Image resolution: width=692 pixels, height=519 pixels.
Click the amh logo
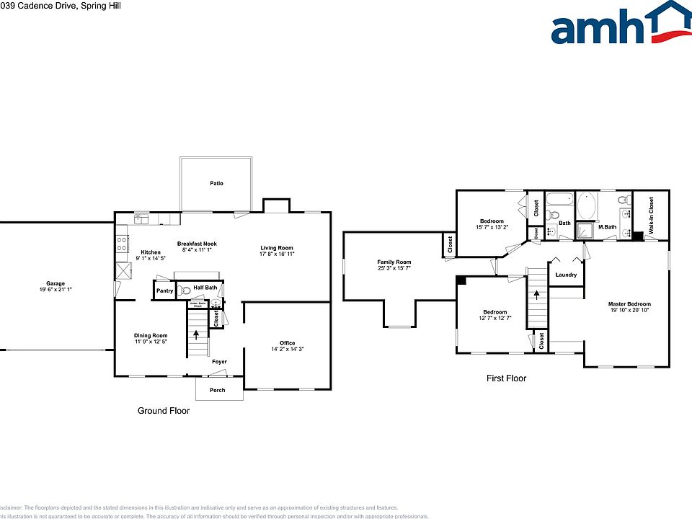(x=620, y=25)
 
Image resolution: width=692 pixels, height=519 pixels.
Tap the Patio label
(x=216, y=183)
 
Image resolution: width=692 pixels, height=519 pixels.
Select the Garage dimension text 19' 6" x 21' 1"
(x=56, y=289)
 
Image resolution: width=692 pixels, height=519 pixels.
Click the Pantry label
(x=165, y=290)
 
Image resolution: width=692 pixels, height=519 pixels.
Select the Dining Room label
(x=151, y=335)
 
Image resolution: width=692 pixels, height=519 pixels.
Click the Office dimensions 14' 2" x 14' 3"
(x=287, y=349)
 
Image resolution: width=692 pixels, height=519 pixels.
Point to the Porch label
(x=217, y=390)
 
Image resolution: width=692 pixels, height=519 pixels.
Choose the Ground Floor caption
(x=164, y=410)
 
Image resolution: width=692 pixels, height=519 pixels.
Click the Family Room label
(x=394, y=262)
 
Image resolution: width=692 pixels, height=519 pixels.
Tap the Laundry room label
(x=567, y=275)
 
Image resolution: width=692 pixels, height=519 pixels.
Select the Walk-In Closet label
(x=651, y=215)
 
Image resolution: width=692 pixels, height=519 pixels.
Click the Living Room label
(x=277, y=248)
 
